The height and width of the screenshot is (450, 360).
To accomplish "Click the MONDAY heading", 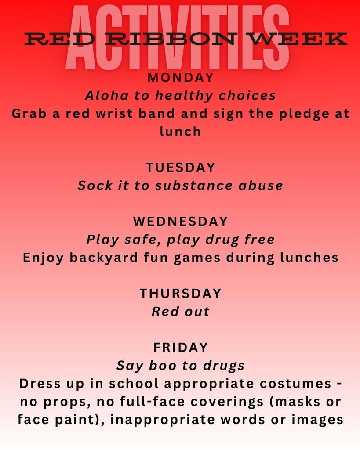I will (x=180, y=78).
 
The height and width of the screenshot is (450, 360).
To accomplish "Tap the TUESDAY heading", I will (x=180, y=167).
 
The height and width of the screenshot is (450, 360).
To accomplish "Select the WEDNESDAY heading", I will (x=180, y=221).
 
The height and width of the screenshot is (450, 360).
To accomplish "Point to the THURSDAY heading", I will (x=180, y=293).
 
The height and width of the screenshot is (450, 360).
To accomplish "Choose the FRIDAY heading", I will (x=180, y=347).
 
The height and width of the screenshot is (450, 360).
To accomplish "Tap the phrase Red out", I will (x=180, y=312).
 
